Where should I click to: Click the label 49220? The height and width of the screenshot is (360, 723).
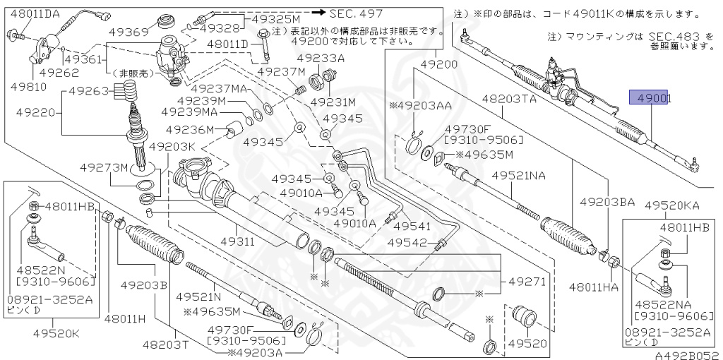(29, 112)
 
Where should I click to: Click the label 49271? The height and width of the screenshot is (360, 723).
(525, 281)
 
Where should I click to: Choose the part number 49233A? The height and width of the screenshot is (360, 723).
(320, 59)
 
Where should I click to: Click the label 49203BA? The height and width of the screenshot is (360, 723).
(607, 202)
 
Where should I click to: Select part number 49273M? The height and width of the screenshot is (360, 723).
(104, 168)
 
